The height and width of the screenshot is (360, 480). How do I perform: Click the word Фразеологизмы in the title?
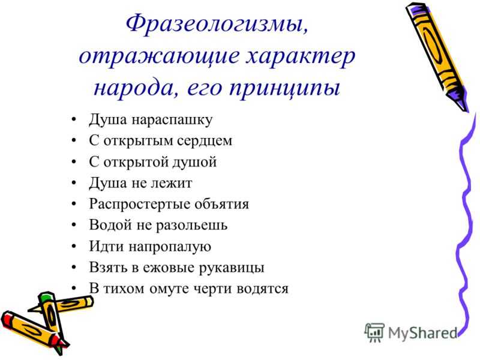pyautogui.click(x=217, y=25)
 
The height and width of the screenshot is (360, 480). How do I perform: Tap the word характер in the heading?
pyautogui.click(x=301, y=57)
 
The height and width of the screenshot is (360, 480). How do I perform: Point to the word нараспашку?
pyautogui.click(x=172, y=120)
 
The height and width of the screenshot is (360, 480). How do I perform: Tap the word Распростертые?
pyautogui.click(x=143, y=204)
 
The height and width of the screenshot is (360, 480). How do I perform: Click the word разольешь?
pyautogui.click(x=191, y=226)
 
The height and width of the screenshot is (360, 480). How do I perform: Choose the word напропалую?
pyautogui.click(x=170, y=247)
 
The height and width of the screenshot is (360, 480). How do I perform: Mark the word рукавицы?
pyautogui.click(x=232, y=268)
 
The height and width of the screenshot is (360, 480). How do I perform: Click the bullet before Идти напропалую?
pyautogui.click(x=73, y=247)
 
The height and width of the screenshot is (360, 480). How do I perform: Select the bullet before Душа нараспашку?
pyautogui.click(x=73, y=119)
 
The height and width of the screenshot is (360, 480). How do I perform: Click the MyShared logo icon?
pyautogui.click(x=374, y=332)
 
